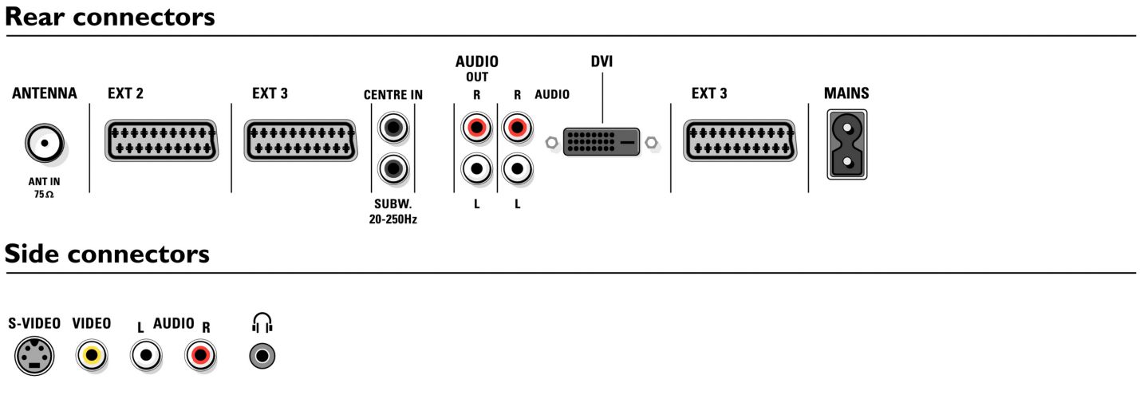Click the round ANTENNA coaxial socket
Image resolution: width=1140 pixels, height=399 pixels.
pyautogui.click(x=45, y=144)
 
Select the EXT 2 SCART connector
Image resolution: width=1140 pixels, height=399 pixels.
pyautogui.click(x=161, y=141)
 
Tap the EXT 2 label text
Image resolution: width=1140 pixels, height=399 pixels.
pyautogui.click(x=125, y=94)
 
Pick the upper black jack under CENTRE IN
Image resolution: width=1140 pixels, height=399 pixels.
pyautogui.click(x=392, y=127)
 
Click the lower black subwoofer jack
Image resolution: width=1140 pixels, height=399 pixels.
pyautogui.click(x=392, y=168)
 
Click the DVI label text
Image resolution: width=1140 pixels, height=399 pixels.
pyautogui.click(x=602, y=62)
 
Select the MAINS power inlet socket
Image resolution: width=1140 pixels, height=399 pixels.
pyautogui.click(x=846, y=144)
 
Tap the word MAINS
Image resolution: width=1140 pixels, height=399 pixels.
pyautogui.click(x=846, y=93)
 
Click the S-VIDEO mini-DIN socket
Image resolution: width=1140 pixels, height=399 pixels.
pyautogui.click(x=34, y=355)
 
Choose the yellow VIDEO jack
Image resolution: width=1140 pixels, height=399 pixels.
pyautogui.click(x=92, y=355)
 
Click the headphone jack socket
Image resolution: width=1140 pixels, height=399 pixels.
pyautogui.click(x=263, y=355)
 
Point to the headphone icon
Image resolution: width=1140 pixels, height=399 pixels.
pyautogui.click(x=262, y=322)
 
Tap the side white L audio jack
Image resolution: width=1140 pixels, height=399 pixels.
pyautogui.click(x=146, y=355)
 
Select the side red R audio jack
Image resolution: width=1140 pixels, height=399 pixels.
pyautogui.click(x=199, y=355)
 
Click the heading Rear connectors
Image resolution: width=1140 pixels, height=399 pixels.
pyautogui.click(x=110, y=17)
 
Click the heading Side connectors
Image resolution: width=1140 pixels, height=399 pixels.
pyautogui.click(x=107, y=254)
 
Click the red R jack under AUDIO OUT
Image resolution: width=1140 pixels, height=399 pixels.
pyautogui.click(x=476, y=127)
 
